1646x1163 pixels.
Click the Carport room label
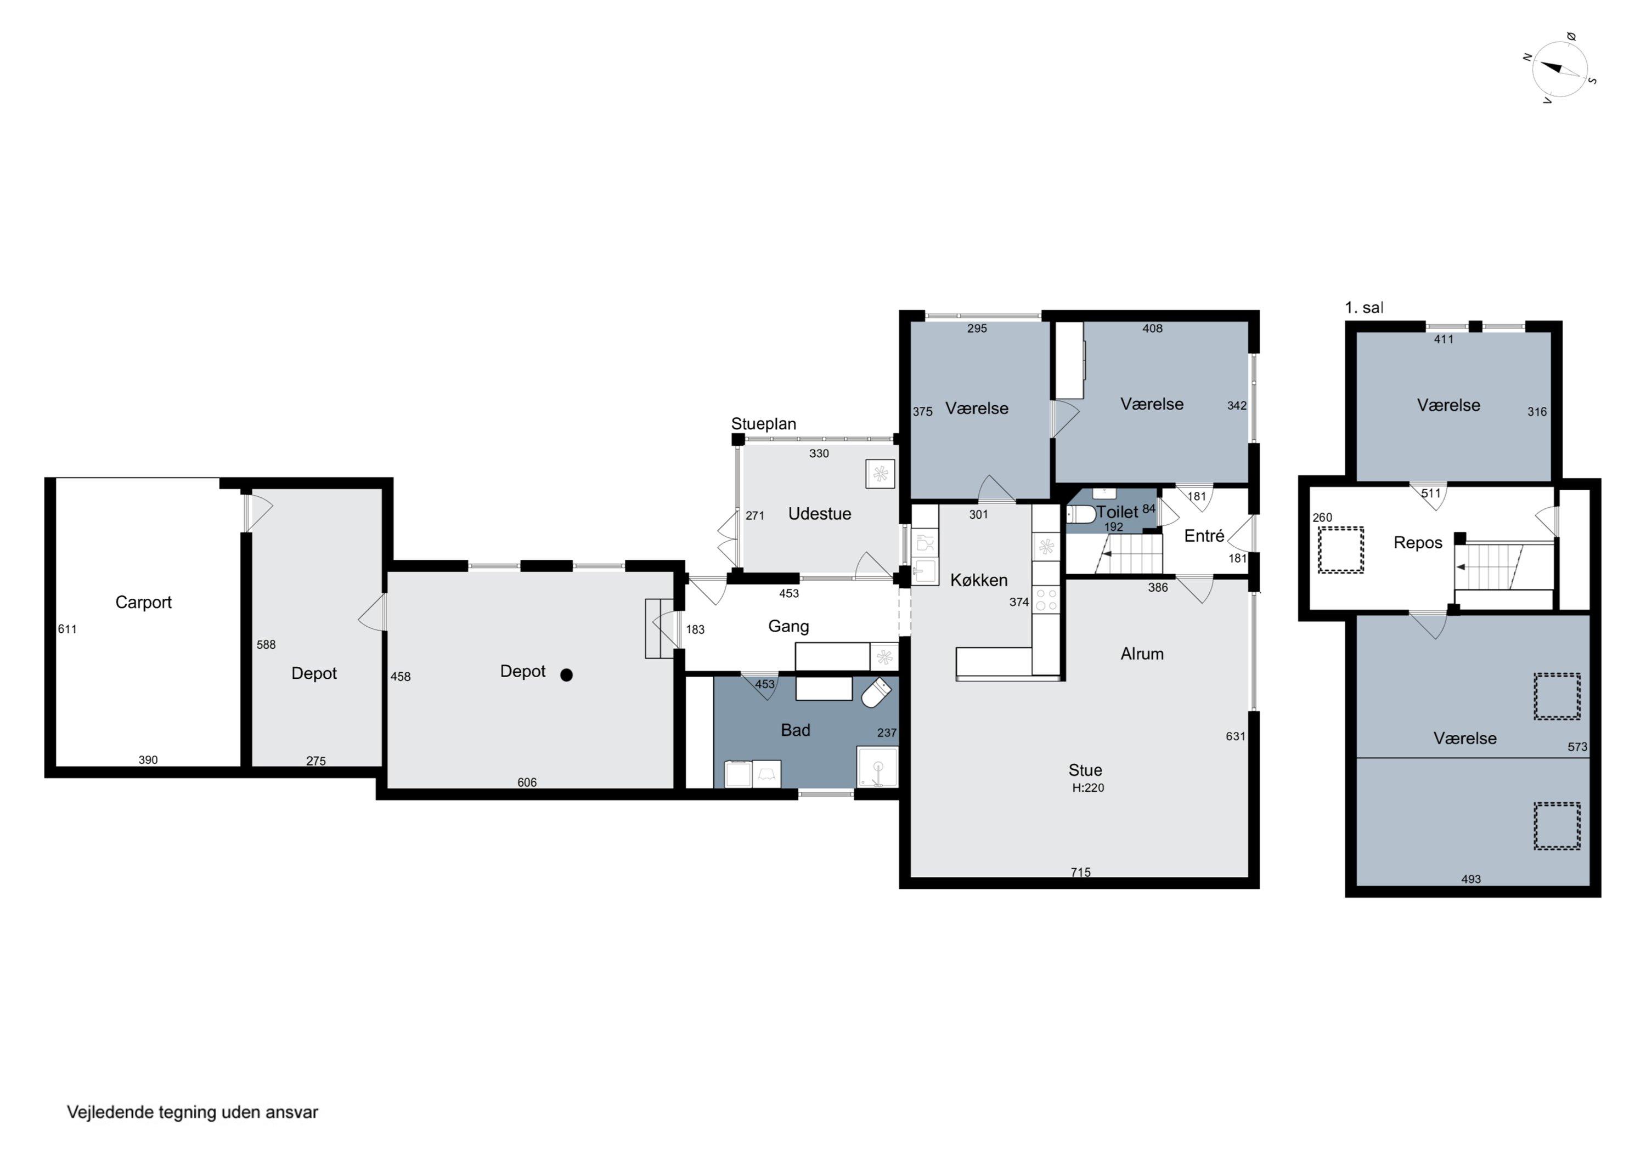pos(143,603)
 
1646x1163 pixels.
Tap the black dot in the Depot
pos(566,675)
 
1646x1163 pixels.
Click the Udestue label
pos(819,514)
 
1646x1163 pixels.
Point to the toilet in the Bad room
pos(876,693)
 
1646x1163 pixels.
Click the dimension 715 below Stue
pos(1080,872)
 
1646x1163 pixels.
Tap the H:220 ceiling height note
pos(1087,787)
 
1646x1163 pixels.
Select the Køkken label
pos(979,581)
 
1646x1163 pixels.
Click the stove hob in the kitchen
pos(1046,600)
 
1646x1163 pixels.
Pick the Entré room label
pos(1204,536)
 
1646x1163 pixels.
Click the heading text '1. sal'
pos(1363,308)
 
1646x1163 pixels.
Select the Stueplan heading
pos(764,424)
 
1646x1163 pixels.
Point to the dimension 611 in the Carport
pos(67,629)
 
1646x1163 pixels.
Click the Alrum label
pos(1142,654)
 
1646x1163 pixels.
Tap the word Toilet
pos(1117,512)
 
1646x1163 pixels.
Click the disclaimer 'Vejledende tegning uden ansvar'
pos(192,1112)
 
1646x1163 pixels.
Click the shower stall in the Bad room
pos(877,768)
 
